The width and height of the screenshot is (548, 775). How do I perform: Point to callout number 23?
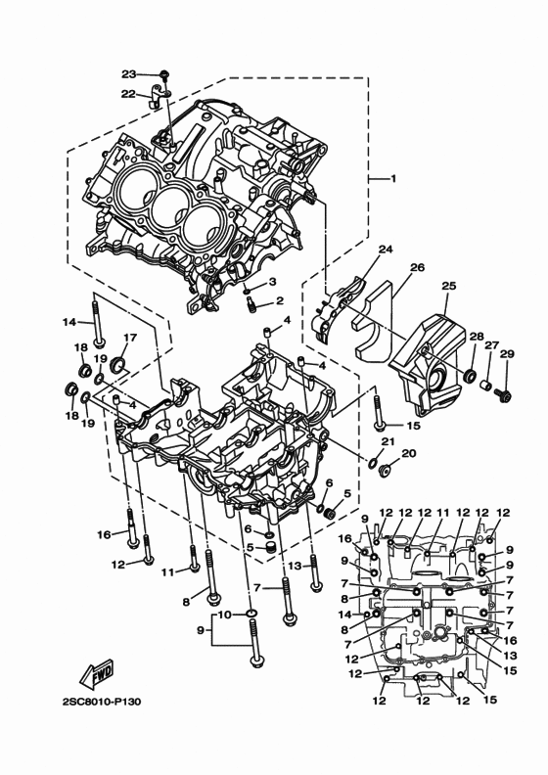coord(129,74)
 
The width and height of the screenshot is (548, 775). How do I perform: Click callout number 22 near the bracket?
coord(128,93)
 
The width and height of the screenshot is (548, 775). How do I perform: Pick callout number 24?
coord(386,250)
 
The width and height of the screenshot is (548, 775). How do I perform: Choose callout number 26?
coord(417,267)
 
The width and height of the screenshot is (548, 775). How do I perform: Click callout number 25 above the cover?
coord(449,286)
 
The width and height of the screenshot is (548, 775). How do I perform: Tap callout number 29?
coord(507,353)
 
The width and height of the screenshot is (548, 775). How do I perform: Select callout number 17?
coord(128,339)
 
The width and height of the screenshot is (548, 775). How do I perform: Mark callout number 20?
coord(409,453)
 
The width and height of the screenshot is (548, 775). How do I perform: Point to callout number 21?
coord(387,442)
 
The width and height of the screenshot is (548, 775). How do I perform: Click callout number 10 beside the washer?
coord(223,615)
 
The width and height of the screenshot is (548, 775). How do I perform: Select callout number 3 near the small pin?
coord(272,282)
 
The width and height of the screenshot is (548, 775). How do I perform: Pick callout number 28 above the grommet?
coord(476,338)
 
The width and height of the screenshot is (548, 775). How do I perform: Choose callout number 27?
coord(491,345)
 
